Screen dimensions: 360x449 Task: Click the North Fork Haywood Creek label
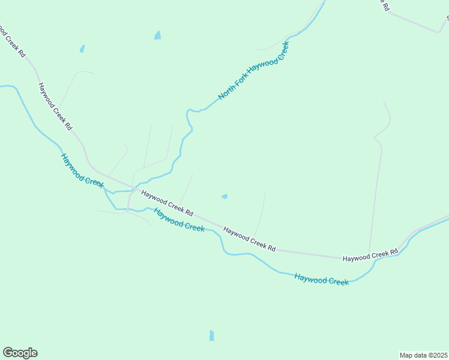253,70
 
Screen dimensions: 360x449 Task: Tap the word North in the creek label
226,92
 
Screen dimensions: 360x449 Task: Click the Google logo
20,353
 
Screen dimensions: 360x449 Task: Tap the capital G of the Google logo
8,353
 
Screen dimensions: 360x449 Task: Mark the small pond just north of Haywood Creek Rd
224,196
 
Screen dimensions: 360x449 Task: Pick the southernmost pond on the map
211,335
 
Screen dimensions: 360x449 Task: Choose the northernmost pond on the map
157,35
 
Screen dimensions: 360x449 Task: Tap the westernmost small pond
82,49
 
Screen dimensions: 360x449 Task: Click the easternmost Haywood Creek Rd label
370,255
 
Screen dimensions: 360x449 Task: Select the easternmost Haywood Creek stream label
321,279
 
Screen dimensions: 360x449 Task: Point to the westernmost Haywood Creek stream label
82,170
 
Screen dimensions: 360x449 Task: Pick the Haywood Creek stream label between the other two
179,220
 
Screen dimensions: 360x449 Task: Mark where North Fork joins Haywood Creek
114,192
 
